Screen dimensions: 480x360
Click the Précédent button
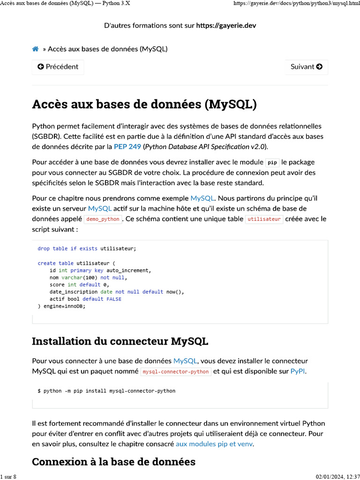click(58, 67)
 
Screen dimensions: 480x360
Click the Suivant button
click(307, 67)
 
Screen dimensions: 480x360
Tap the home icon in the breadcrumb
click(35, 49)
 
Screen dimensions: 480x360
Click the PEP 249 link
click(127, 147)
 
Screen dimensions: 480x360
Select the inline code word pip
click(272, 163)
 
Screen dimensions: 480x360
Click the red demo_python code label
click(103, 219)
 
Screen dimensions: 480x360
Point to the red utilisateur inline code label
click(264, 219)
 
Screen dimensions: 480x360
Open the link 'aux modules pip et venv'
click(214, 444)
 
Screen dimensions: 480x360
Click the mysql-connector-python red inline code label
click(176, 372)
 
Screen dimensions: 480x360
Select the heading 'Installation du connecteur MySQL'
click(120, 341)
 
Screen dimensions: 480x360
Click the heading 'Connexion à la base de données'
click(113, 462)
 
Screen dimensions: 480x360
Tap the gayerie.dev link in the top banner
click(226, 25)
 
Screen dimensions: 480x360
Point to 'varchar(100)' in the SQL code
click(79, 277)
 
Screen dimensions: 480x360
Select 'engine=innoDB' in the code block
click(63, 306)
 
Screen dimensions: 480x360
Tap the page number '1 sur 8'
click(8, 477)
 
